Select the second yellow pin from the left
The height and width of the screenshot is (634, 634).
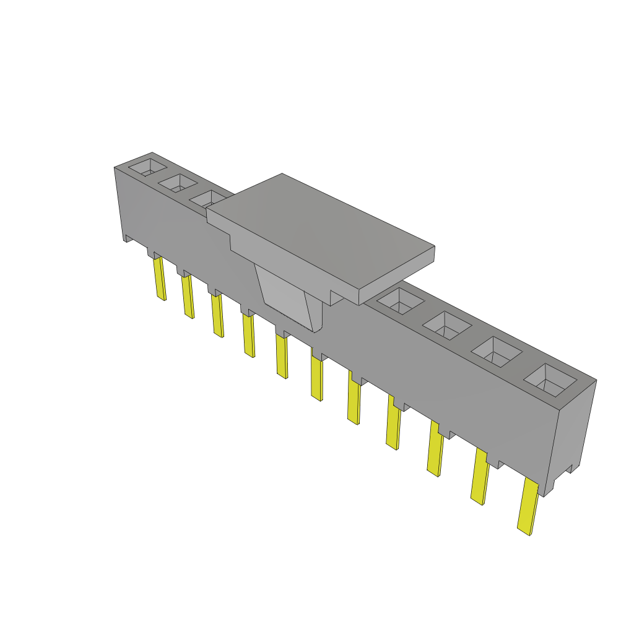188,297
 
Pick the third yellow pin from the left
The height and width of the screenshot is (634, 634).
217,316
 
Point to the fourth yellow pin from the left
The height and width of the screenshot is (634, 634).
248,336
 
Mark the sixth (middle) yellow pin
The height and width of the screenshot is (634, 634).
316,379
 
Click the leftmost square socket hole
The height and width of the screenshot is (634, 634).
148,167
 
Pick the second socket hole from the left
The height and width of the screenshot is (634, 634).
178,183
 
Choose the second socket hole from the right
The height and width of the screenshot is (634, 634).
497,352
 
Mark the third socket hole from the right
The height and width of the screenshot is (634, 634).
446,325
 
